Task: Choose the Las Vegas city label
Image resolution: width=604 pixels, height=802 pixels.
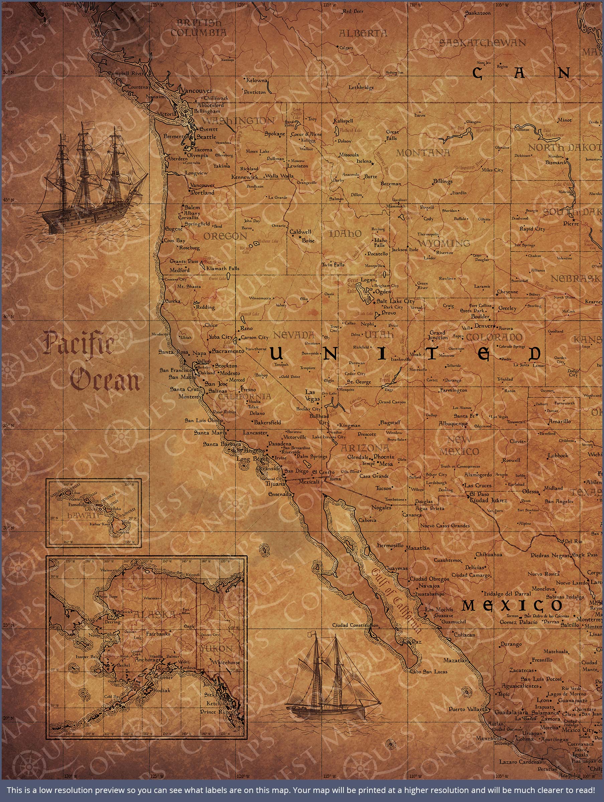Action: click(312, 396)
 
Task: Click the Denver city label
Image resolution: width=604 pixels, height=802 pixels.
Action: click(484, 325)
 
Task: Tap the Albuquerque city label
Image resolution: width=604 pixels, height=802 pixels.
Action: click(453, 423)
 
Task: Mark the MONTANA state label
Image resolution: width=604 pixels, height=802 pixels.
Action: click(423, 153)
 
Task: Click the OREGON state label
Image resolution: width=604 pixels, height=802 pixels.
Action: click(225, 236)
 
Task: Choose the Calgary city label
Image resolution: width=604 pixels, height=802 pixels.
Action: click(346, 47)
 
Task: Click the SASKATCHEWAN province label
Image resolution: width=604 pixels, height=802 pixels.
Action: click(482, 43)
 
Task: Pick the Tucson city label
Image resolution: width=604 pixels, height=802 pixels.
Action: click(383, 488)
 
